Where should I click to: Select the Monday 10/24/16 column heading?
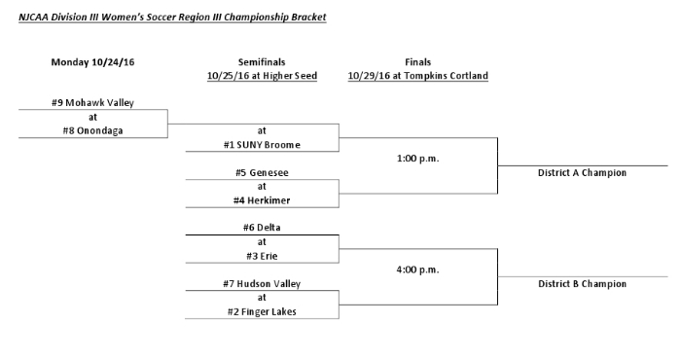click(x=92, y=62)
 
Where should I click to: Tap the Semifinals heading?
click(x=262, y=62)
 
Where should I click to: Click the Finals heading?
click(x=417, y=62)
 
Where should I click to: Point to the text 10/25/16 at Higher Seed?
click(x=262, y=76)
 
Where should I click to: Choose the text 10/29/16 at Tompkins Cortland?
click(x=417, y=76)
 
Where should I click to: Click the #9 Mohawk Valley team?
click(x=92, y=103)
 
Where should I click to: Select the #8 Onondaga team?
click(x=92, y=131)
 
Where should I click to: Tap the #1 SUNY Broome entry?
click(x=262, y=145)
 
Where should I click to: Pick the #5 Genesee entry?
click(x=262, y=173)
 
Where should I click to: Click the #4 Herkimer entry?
click(x=262, y=200)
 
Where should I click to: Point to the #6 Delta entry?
click(x=262, y=229)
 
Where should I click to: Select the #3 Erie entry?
click(x=262, y=256)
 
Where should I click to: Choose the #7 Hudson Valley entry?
click(x=262, y=284)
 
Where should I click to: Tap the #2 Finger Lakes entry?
click(x=262, y=312)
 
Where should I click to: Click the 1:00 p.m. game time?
click(x=417, y=158)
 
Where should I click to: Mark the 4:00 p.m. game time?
click(x=417, y=270)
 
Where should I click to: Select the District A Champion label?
click(x=582, y=173)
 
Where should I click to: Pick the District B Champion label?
click(x=582, y=284)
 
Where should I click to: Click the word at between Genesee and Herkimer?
click(x=262, y=187)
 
